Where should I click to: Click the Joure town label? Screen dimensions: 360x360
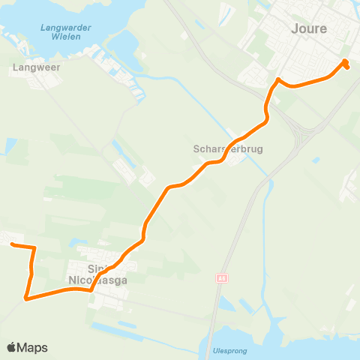tap(310, 28)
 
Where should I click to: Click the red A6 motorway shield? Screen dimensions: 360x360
tap(221, 278)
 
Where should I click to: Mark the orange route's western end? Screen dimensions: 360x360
tap(10, 244)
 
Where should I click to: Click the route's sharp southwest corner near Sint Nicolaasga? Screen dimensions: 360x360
tap(27, 298)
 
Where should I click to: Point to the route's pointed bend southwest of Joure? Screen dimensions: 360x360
tap(277, 79)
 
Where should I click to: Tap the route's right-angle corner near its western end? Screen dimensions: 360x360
tap(34, 247)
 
